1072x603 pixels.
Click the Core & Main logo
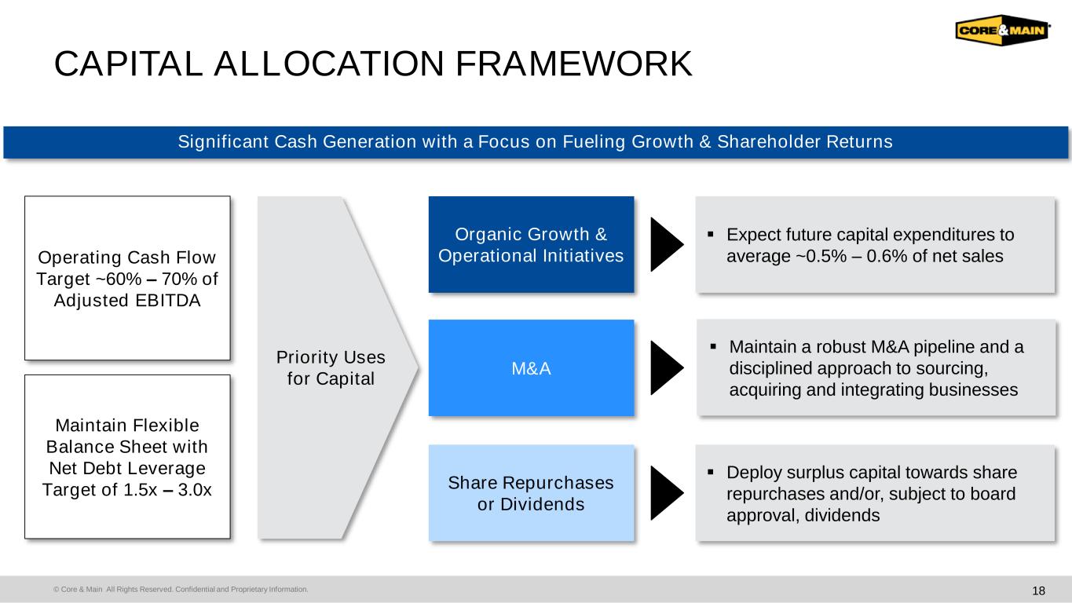[x=1002, y=30]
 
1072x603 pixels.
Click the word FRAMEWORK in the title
[x=573, y=64]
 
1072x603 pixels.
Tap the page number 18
[x=1038, y=590]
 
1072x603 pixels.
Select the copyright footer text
[x=181, y=589]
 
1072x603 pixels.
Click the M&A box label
[x=531, y=368]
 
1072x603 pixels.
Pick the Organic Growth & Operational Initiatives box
[x=531, y=244]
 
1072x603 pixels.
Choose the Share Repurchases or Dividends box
[x=531, y=493]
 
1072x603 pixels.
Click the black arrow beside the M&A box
[x=667, y=368]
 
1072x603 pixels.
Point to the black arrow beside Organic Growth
[x=667, y=244]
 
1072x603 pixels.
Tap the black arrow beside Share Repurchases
[x=667, y=493]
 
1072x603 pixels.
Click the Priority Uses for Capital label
[x=331, y=368]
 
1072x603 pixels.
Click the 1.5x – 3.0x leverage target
[x=167, y=490]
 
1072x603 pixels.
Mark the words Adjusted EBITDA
[x=127, y=301]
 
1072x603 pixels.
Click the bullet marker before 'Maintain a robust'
[x=713, y=346]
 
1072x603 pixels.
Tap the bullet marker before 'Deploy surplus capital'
[x=710, y=473]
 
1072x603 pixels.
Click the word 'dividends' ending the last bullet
[x=842, y=515]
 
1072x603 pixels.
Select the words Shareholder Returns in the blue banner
[x=805, y=141]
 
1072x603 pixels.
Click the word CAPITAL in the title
[x=129, y=64]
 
